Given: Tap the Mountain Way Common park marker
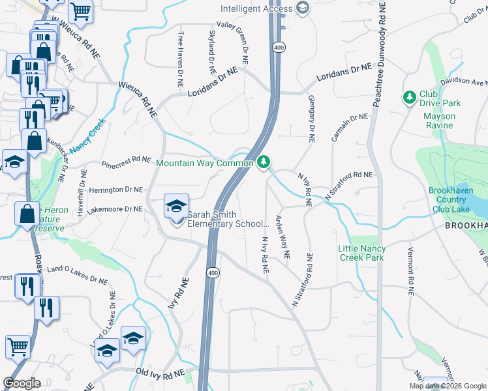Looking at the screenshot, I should (264, 162).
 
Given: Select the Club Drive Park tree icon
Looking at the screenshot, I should (410, 98).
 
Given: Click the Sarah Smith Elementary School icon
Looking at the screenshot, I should (176, 207).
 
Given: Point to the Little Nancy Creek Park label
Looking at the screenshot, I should (362, 253).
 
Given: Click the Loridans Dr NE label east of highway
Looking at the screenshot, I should (344, 72).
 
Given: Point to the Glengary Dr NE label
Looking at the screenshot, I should (311, 118).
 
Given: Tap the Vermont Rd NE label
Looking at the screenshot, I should (410, 272).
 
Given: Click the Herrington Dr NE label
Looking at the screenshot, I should (116, 190).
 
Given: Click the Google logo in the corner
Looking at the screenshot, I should (23, 383).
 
